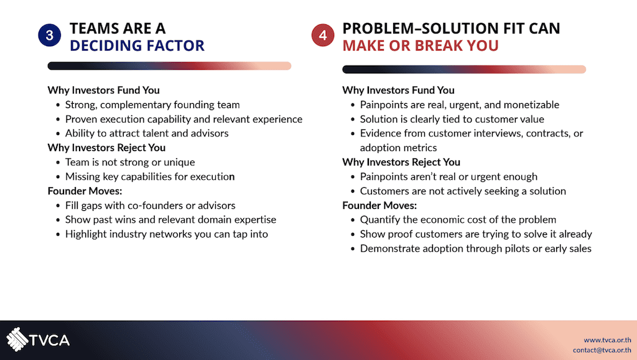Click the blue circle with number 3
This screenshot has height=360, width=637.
tap(50, 35)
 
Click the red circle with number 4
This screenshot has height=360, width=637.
tap(323, 35)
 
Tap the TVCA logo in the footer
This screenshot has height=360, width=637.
tap(38, 339)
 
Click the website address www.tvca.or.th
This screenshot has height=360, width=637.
tap(607, 339)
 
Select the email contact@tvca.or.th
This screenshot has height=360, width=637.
tap(602, 350)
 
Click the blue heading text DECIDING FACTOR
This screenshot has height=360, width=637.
tap(137, 45)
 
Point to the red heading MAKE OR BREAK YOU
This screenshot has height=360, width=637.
tap(421, 45)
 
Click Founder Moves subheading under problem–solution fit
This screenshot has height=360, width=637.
tap(379, 205)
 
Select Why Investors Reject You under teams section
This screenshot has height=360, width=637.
tap(106, 148)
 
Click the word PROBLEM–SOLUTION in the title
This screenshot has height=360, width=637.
tap(420, 29)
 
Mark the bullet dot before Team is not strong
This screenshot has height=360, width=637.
tap(58, 163)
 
